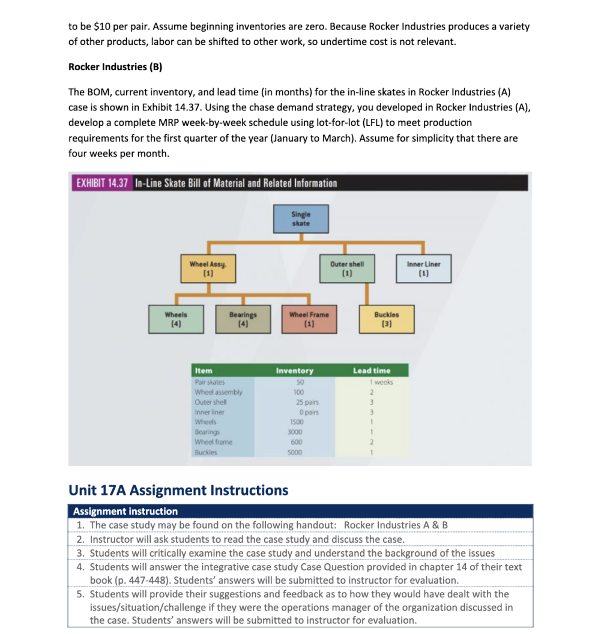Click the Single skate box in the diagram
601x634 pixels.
[301, 219]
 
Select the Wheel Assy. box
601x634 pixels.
[208, 268]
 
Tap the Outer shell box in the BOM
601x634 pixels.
[347, 268]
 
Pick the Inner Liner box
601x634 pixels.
[423, 268]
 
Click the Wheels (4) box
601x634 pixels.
[176, 318]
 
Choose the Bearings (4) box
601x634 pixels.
[243, 318]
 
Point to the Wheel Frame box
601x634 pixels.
[309, 318]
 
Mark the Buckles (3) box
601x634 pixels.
[386, 318]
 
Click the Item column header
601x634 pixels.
[204, 371]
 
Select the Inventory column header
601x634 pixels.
[294, 371]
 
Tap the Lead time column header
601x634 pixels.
[371, 371]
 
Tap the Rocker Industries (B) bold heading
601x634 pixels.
[115, 67]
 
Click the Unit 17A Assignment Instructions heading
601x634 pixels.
[178, 490]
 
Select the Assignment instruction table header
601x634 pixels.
[125, 511]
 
